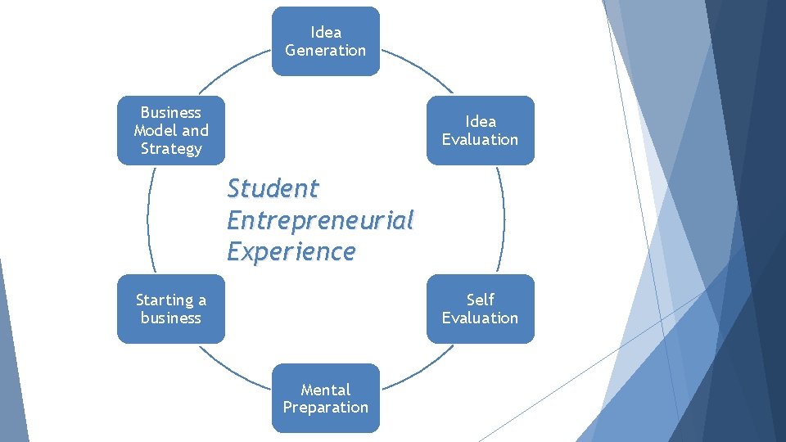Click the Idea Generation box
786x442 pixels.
pyautogui.click(x=326, y=41)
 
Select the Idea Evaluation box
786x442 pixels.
pyautogui.click(x=480, y=130)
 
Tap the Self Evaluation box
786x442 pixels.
pyautogui.click(x=480, y=309)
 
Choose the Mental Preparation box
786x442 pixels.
pyautogui.click(x=326, y=398)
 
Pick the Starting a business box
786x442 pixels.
pyautogui.click(x=170, y=309)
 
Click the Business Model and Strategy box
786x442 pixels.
pyautogui.click(x=170, y=130)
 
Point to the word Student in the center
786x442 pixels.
pyautogui.click(x=273, y=188)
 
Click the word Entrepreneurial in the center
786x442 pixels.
pyautogui.click(x=320, y=220)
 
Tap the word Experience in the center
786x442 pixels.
pyautogui.click(x=291, y=251)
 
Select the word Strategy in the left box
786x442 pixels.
pyautogui.click(x=170, y=149)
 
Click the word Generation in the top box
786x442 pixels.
pyautogui.click(x=326, y=51)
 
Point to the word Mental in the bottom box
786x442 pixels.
pyautogui.click(x=326, y=390)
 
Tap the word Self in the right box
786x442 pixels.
pyautogui.click(x=481, y=300)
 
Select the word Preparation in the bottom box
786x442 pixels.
pyautogui.click(x=326, y=408)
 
